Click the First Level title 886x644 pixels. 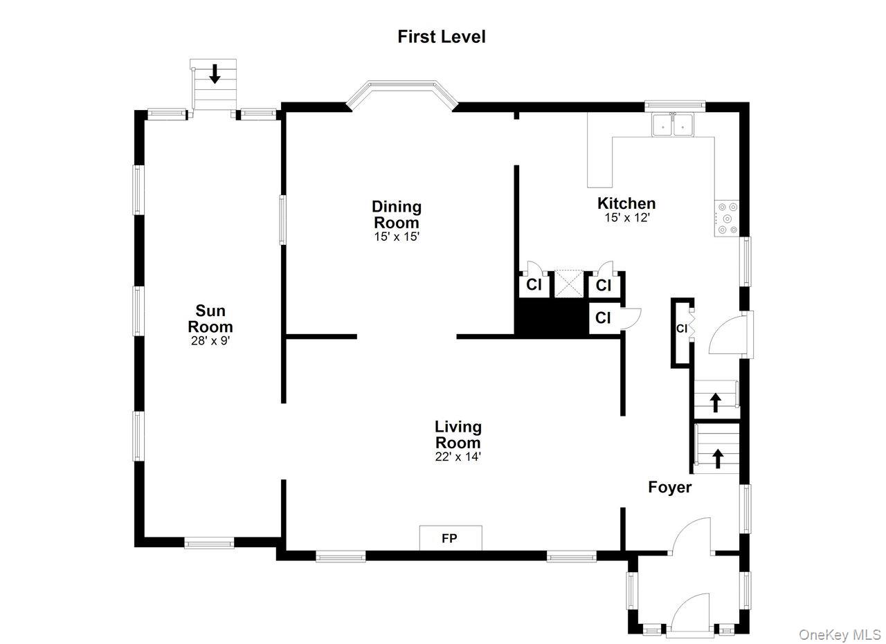(x=442, y=37)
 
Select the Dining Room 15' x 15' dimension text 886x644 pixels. (x=396, y=236)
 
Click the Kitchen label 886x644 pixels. (x=626, y=203)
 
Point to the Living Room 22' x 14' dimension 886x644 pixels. (x=458, y=457)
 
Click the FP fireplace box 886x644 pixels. (x=450, y=538)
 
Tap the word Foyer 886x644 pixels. (x=669, y=487)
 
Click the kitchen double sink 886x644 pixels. (x=673, y=125)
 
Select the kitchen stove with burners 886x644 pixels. (x=727, y=219)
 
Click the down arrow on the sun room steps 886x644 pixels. (x=215, y=73)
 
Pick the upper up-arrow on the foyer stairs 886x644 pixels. (x=715, y=402)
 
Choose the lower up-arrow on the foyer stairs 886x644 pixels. (x=717, y=457)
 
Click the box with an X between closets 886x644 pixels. (x=569, y=284)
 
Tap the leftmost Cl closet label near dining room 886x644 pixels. (x=534, y=285)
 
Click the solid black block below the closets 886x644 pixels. (x=551, y=318)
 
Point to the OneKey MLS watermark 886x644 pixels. (x=839, y=634)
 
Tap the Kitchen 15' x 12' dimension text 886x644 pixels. (x=626, y=217)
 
